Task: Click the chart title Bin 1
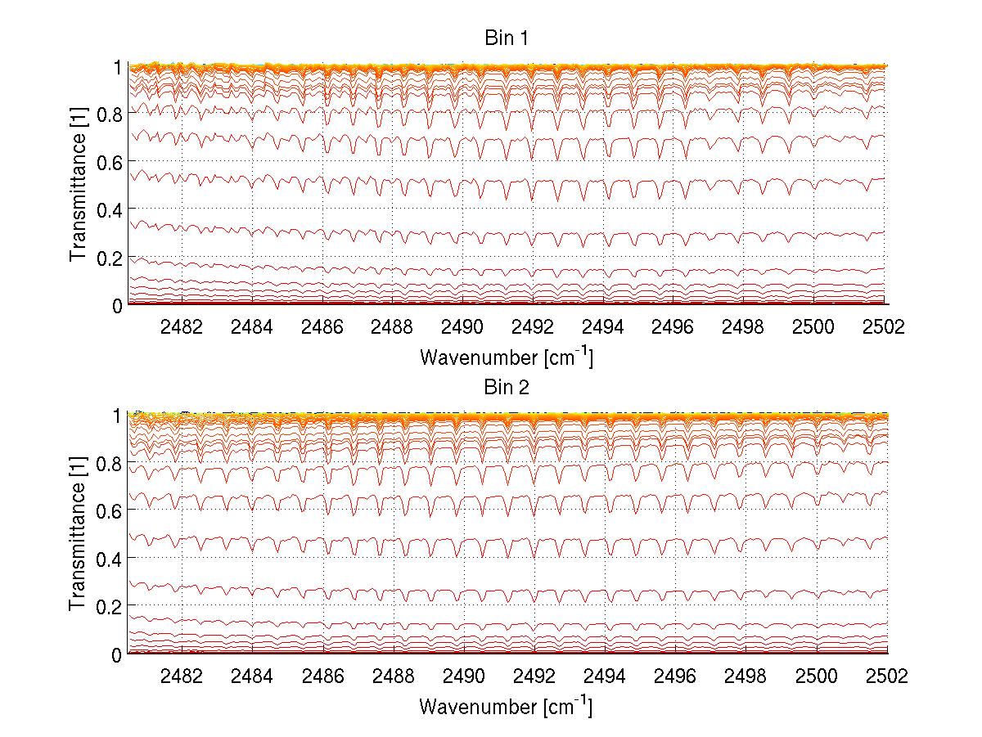coord(507,38)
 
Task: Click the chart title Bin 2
coord(507,388)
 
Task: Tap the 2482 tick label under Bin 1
coord(182,327)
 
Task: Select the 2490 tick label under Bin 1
coord(463,327)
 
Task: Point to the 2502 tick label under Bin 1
coord(886,327)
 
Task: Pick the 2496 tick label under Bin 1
coord(674,327)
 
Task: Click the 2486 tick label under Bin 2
coord(322,676)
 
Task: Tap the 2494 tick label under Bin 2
coord(604,676)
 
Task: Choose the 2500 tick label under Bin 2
coord(816,676)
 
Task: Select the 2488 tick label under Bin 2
coord(393,676)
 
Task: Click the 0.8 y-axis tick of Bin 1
coord(111,115)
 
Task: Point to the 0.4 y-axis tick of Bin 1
coord(111,209)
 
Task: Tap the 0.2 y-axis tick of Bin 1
coord(111,257)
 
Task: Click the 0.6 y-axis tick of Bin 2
coord(111,510)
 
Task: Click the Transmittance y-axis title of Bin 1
coord(78,186)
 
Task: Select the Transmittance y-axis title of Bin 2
coord(78,535)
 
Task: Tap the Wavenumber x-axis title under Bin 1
coord(506,357)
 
